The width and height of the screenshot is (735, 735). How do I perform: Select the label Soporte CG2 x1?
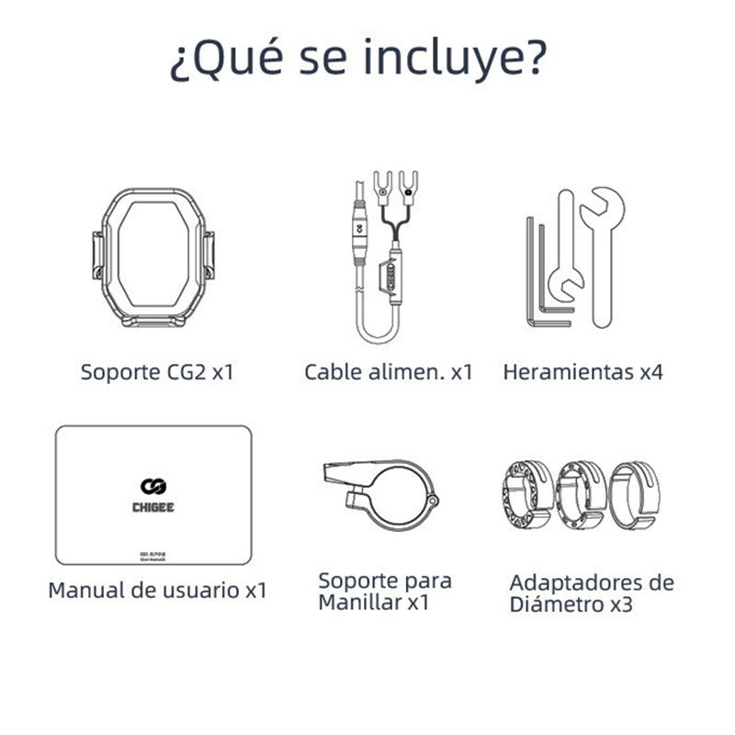point(156,373)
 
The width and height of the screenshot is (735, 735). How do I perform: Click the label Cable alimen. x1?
point(388,373)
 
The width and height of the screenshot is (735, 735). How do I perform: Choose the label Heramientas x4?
point(582,373)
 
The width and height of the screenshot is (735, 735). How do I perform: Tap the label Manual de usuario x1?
point(157,590)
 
